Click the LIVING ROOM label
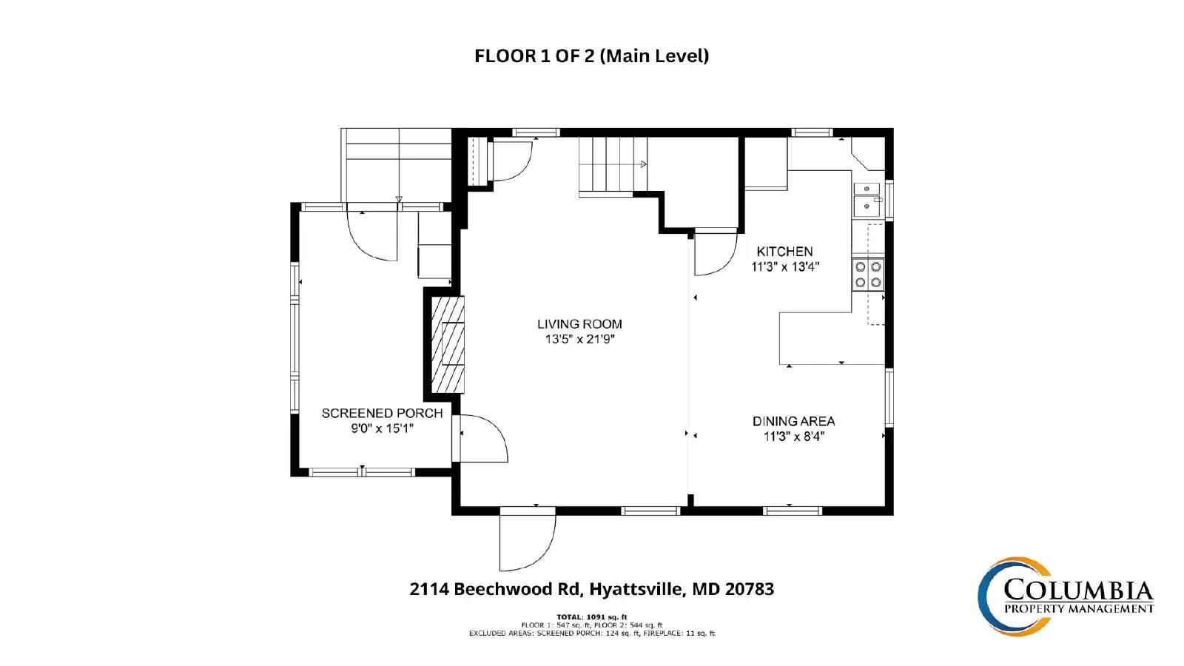(579, 324)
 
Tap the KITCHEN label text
(784, 252)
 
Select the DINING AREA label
(793, 421)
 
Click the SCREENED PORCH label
(382, 413)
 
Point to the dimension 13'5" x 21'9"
(579, 340)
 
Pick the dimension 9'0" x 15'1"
(382, 428)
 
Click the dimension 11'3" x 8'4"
(793, 437)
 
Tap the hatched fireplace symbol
(448, 344)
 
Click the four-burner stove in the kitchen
(868, 274)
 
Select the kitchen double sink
(867, 198)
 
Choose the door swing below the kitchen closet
(714, 254)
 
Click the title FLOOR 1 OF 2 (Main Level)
(591, 56)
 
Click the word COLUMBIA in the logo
(1078, 591)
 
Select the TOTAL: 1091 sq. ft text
(591, 616)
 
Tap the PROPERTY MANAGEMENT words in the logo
(1078, 609)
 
